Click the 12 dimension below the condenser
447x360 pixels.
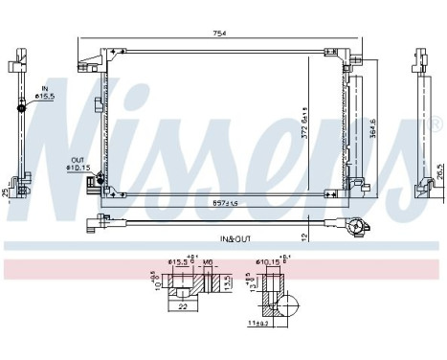click(302, 236)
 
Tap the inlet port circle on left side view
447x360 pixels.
click(20, 105)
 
